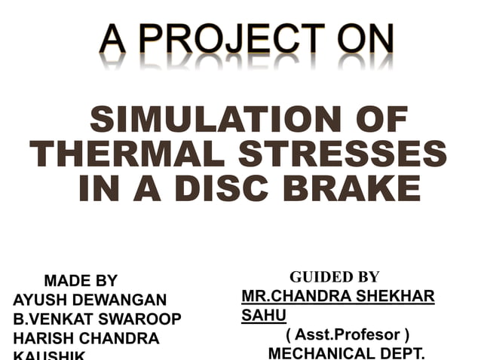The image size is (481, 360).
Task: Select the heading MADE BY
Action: pyautogui.click(x=81, y=282)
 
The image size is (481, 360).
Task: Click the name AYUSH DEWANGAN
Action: pyautogui.click(x=90, y=301)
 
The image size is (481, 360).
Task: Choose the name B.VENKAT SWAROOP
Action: pyautogui.click(x=97, y=319)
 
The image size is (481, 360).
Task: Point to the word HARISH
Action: pyautogui.click(x=43, y=338)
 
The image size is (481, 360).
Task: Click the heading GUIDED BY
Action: pyautogui.click(x=334, y=277)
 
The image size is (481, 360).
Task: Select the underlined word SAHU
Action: pyautogui.click(x=263, y=315)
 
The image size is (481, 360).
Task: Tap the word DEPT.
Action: pyautogui.click(x=406, y=352)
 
